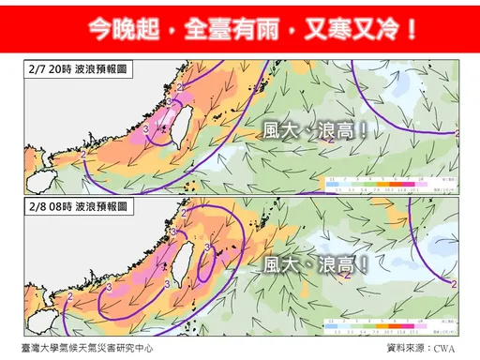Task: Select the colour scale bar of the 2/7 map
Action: tap(376, 182)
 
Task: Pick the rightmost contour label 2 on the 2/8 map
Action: tap(453, 283)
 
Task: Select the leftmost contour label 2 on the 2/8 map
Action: tap(71, 297)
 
